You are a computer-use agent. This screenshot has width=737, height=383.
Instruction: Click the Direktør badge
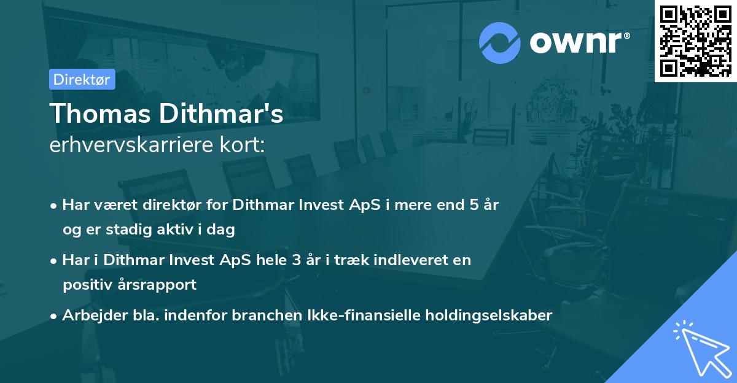pyautogui.click(x=82, y=79)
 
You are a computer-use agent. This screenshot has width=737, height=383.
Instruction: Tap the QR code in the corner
pyautogui.click(x=695, y=41)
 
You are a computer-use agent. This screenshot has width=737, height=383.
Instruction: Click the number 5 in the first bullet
pyautogui.click(x=474, y=205)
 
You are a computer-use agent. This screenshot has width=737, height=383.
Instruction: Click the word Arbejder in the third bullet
pyautogui.click(x=88, y=315)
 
